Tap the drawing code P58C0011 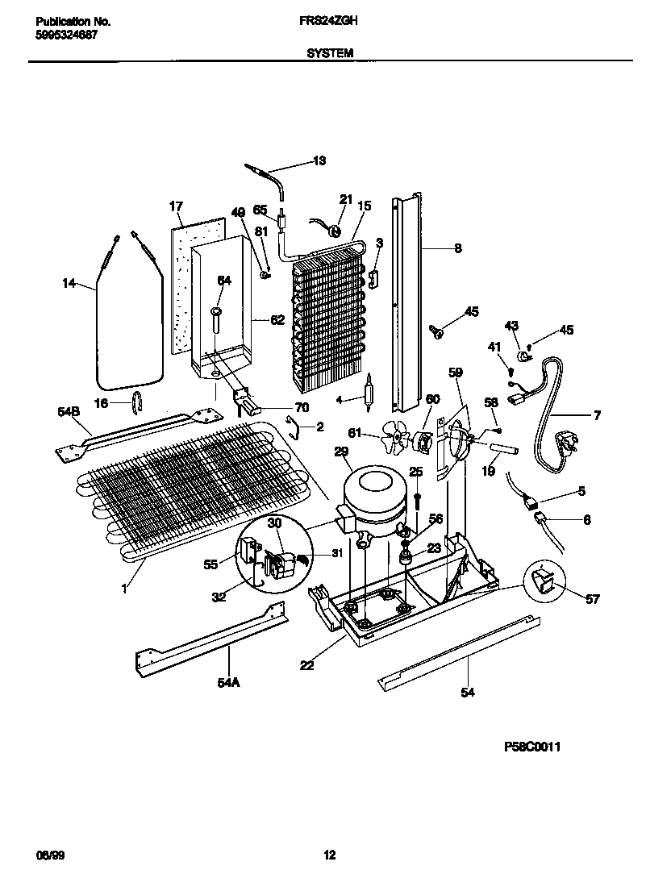(x=529, y=747)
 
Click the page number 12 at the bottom (x=329, y=855)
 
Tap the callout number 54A (x=228, y=683)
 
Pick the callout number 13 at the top (x=319, y=161)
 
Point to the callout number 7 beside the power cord (x=597, y=417)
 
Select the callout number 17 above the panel (x=177, y=206)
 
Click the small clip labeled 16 (x=138, y=400)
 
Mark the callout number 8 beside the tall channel (x=458, y=249)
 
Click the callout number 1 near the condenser (x=124, y=589)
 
